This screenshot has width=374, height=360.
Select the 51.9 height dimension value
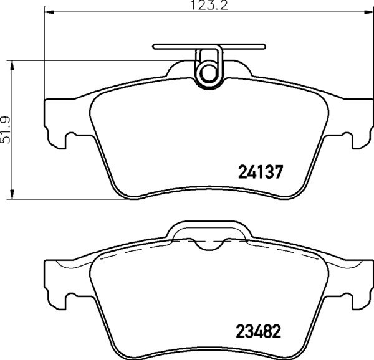[7, 130]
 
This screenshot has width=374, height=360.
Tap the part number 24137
[261, 171]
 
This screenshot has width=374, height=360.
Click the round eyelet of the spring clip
[208, 74]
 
